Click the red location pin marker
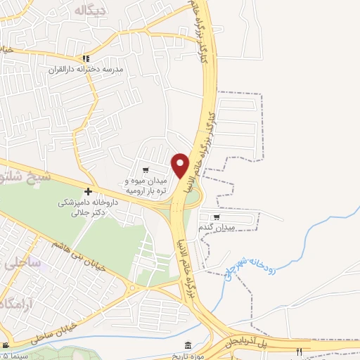coord(181,165)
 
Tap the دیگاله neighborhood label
coord(89,9)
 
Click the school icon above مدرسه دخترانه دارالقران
coord(85,58)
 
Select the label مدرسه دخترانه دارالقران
coord(85,69)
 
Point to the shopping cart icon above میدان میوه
coord(145,169)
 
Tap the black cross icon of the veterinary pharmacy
coord(88,191)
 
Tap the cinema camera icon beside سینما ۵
coord(6,346)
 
